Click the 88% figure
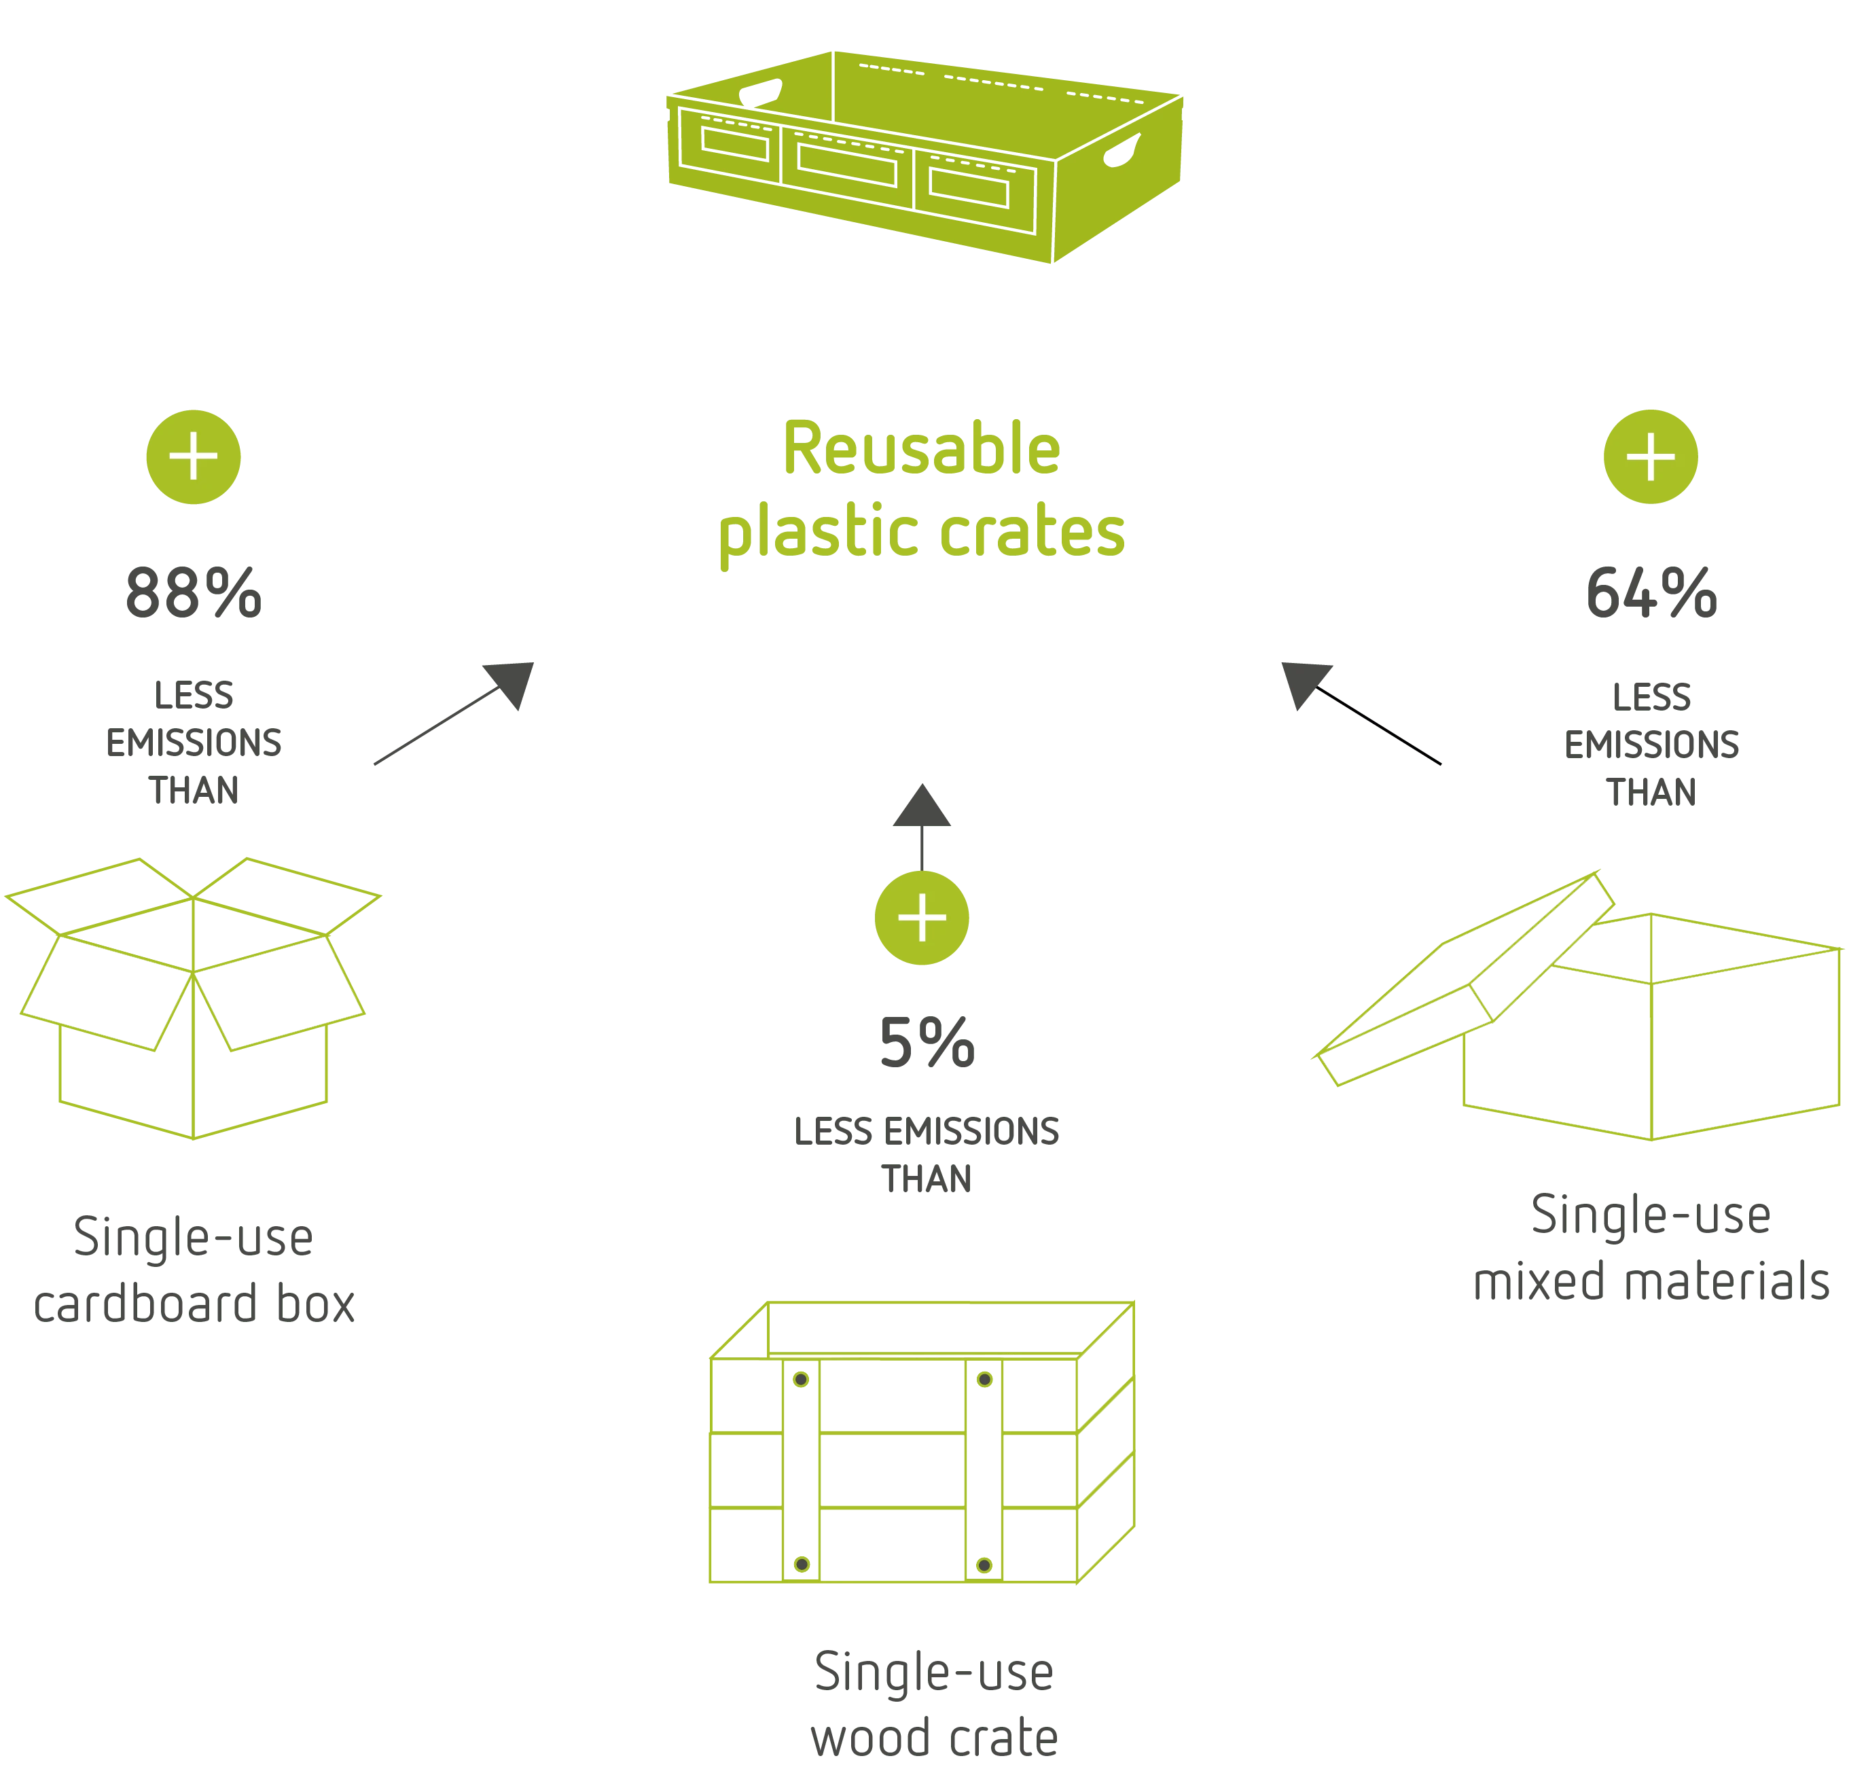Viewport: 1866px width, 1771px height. [x=192, y=594]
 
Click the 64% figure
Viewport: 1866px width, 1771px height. [x=1651, y=594]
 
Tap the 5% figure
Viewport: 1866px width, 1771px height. [x=927, y=1044]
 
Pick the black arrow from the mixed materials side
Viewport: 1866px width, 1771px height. [x=1360, y=712]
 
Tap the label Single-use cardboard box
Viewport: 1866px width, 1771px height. [x=194, y=1270]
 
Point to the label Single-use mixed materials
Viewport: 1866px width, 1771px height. [x=1651, y=1248]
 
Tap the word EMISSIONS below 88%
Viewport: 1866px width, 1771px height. [x=192, y=744]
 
